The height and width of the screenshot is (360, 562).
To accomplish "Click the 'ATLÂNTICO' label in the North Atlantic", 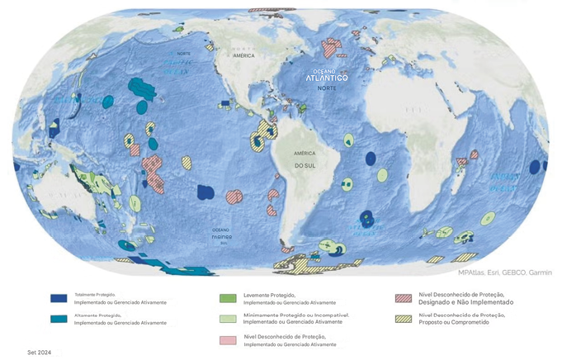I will coord(327,78).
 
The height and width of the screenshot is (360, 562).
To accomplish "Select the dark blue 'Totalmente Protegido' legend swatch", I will coord(58,298).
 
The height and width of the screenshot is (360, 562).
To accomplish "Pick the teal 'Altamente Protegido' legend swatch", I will coord(58,319).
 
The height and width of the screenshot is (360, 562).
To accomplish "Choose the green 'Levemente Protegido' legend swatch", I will coord(228,298).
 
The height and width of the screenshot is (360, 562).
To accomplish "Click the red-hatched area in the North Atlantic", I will coord(331,48).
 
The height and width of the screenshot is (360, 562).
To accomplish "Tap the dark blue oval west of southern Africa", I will coord(371,158).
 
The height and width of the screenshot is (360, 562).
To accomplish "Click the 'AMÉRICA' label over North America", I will coord(243,55).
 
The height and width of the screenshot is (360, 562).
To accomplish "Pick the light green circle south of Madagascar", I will coord(488,219).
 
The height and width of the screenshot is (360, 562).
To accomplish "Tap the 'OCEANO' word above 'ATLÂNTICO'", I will coord(326,71).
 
